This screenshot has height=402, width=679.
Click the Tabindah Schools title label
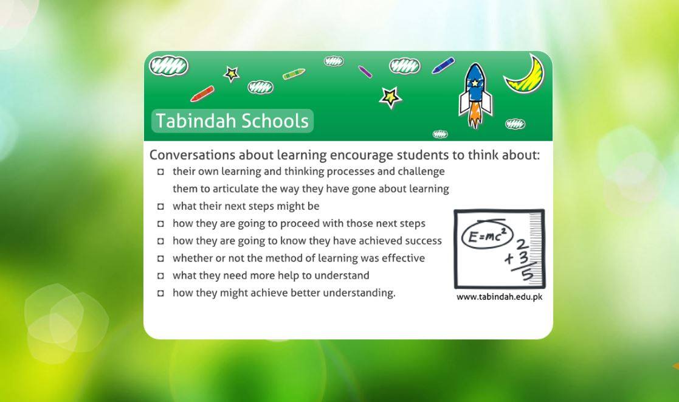(x=232, y=121)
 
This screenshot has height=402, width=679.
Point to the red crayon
(x=202, y=94)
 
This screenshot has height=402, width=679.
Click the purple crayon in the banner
(x=365, y=72)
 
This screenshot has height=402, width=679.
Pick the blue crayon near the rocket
(x=443, y=66)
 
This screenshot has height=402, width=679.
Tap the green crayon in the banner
(x=294, y=74)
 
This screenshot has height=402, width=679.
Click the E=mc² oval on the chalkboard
(x=487, y=235)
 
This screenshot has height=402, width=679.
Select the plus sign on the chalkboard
(x=509, y=258)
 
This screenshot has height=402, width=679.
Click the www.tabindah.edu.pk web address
(x=499, y=297)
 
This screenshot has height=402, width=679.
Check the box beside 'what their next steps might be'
(x=160, y=206)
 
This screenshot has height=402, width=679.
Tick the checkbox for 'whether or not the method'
(x=160, y=258)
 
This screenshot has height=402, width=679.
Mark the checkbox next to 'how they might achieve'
(x=160, y=293)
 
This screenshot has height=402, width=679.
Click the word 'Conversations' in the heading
(x=192, y=154)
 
